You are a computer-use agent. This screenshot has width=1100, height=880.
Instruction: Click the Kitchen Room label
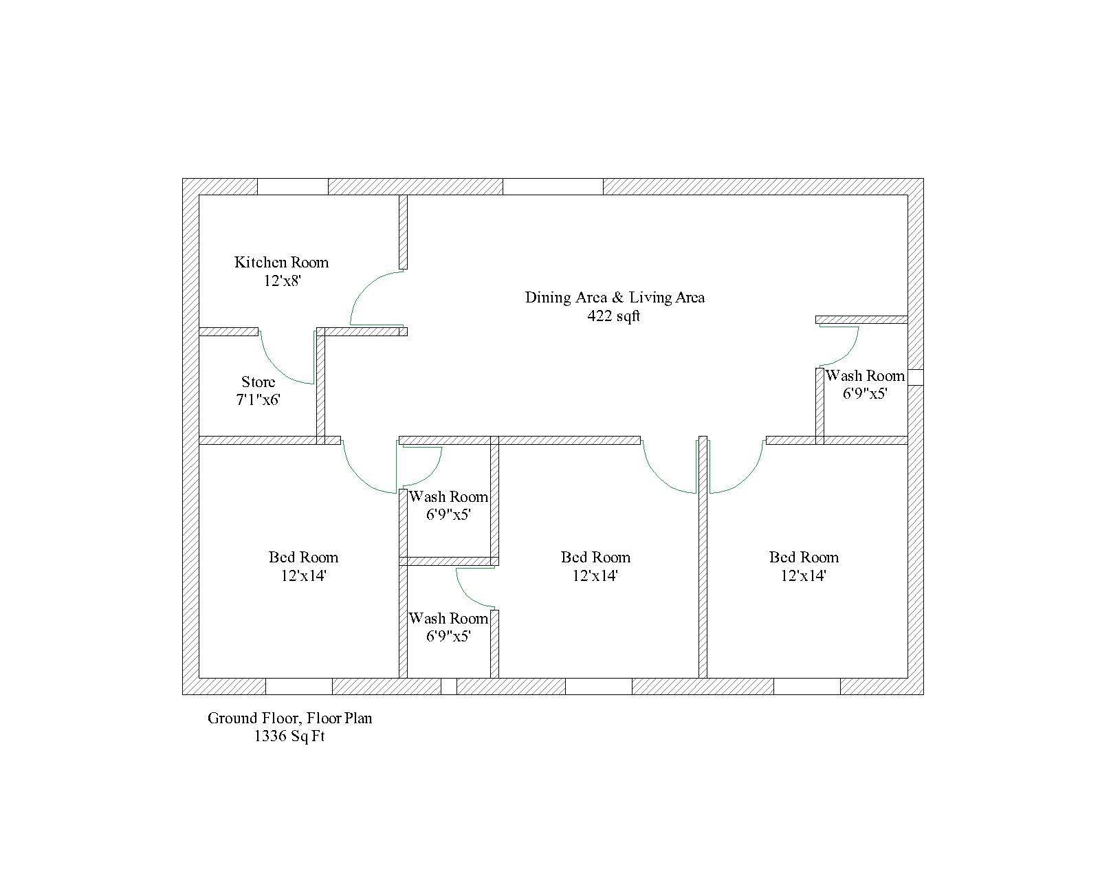point(281,262)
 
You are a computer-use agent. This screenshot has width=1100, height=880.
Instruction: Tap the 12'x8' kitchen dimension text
point(283,280)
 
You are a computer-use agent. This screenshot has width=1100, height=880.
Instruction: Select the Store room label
point(258,382)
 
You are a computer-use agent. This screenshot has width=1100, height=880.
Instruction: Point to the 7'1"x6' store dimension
point(258,399)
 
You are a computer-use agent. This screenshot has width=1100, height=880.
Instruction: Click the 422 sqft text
point(613,316)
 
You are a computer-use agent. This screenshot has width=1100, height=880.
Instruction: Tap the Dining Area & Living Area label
point(615,297)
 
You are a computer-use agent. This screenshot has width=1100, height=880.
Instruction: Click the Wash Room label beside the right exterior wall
point(865,375)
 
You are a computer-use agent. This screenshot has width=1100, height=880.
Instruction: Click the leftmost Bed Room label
point(303,557)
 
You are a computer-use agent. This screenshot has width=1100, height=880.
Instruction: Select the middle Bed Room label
point(595,557)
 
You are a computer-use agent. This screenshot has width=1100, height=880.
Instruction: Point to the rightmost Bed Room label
point(804,557)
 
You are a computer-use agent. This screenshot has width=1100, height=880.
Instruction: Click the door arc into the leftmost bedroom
point(357,477)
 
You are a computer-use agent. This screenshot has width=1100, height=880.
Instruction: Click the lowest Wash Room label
point(448,618)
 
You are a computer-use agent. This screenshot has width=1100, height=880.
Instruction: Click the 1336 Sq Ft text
point(289,736)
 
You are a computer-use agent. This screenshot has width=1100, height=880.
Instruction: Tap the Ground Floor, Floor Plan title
point(290,718)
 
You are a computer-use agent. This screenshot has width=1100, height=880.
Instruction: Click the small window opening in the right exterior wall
point(915,377)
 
